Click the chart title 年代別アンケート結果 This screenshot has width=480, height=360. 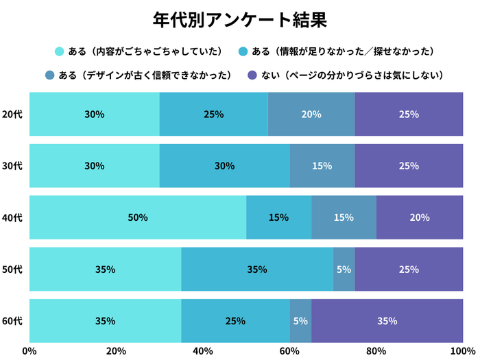239,19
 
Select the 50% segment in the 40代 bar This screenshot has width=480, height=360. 138,217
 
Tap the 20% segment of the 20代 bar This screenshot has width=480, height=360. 311,115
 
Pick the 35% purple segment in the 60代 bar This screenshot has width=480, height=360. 387,320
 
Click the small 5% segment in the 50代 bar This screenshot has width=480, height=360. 344,269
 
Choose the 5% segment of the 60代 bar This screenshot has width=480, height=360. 300,320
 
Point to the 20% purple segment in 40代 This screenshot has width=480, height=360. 419,217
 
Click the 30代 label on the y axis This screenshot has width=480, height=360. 12,166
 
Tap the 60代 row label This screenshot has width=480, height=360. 12,320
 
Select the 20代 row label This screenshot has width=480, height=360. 12,115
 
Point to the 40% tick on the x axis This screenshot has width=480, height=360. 203,351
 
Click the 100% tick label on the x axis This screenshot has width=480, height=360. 463,351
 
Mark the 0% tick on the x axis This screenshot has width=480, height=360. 29,351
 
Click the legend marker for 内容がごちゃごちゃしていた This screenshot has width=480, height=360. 60,51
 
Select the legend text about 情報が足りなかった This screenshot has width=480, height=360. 343,51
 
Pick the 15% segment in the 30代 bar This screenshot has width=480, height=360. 322,166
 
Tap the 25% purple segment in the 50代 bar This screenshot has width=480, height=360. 409,269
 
